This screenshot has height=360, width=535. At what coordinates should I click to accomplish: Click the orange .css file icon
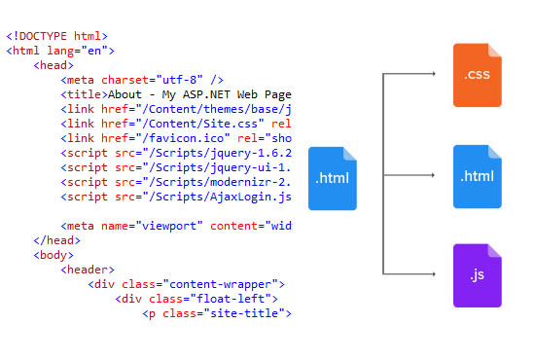point(477,75)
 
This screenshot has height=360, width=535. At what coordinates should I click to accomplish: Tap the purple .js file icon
point(477,275)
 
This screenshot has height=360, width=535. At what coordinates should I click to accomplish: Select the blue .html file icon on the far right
point(477,176)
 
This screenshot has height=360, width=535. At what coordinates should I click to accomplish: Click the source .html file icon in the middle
point(333,178)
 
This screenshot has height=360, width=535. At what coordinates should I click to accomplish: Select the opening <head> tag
point(53,65)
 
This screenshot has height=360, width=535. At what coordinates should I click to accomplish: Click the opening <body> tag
point(53,255)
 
